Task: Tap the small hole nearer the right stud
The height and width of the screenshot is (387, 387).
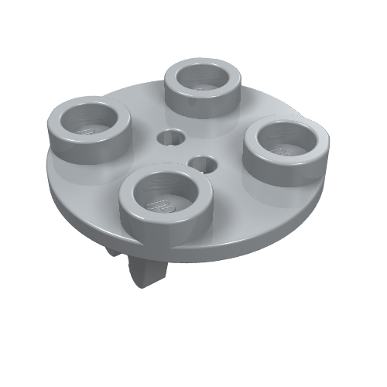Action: click(x=203, y=163)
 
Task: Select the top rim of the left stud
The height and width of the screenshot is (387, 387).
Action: click(x=62, y=116)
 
